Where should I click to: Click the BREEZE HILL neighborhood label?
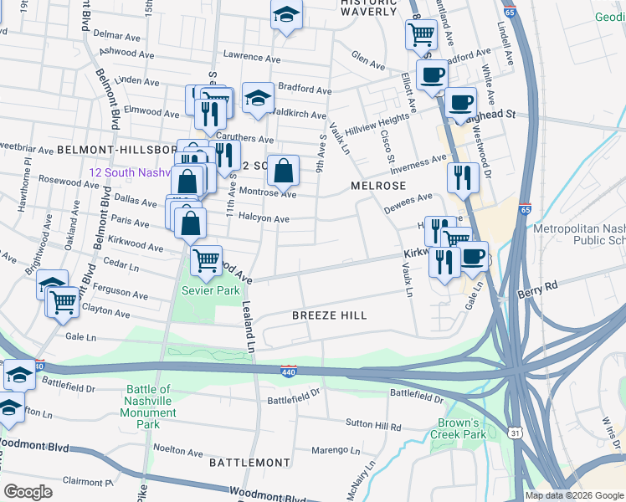pyautogui.click(x=329, y=315)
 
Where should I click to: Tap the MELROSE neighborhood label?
pyautogui.click(x=378, y=186)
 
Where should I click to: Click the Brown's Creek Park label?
pyautogui.click(x=458, y=428)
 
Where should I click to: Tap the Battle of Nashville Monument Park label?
pyautogui.click(x=147, y=407)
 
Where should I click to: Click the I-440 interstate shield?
pyautogui.click(x=288, y=371)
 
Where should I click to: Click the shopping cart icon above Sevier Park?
pyautogui.click(x=206, y=259)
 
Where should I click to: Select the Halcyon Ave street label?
pyautogui.click(x=264, y=219)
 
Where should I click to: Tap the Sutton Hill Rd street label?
pyautogui.click(x=375, y=426)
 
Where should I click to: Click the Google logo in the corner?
pyautogui.click(x=28, y=492)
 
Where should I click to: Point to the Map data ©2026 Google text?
pyautogui.click(x=574, y=495)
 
